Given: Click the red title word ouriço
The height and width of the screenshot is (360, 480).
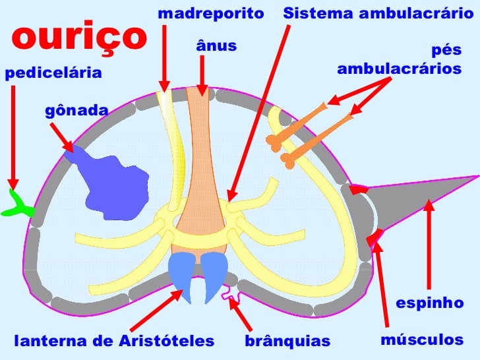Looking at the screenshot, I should [x=77, y=38].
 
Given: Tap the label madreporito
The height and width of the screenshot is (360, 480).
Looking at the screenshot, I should [x=210, y=13].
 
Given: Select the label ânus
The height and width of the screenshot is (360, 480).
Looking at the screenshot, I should [x=216, y=45].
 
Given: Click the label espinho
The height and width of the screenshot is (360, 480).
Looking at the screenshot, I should [x=429, y=303].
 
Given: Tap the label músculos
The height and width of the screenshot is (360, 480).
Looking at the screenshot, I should [x=423, y=340].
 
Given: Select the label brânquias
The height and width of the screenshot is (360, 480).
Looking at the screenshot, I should [x=287, y=342].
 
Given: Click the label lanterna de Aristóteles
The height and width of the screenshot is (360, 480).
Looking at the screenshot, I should [x=115, y=342].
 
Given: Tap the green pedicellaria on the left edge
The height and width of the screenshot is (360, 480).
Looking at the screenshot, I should [x=18, y=204].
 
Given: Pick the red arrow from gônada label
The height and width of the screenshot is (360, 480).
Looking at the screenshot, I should [x=62, y=136].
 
